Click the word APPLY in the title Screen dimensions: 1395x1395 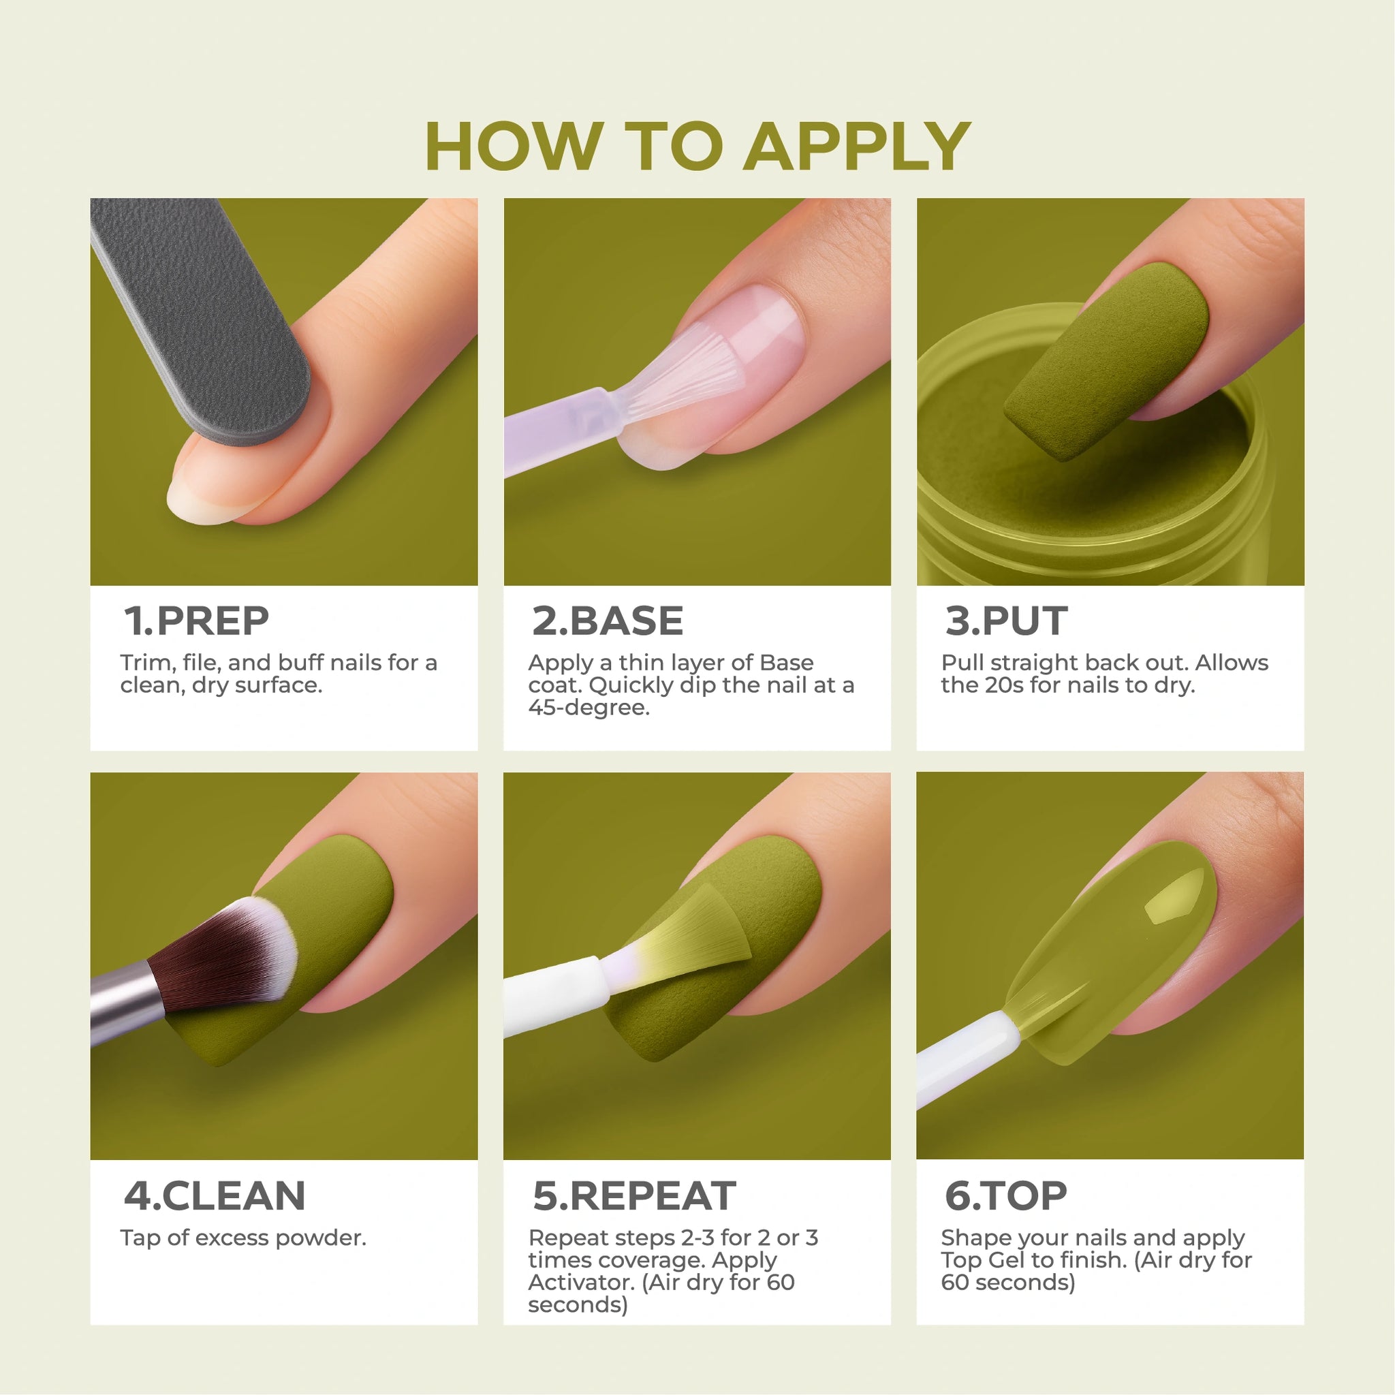(x=857, y=146)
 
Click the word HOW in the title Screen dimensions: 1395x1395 (x=514, y=146)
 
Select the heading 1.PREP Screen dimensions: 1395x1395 (x=195, y=621)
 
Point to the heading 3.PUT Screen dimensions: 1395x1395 (x=1006, y=621)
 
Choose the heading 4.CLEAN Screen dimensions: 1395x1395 (x=215, y=1195)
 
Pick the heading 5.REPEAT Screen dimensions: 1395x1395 (x=634, y=1195)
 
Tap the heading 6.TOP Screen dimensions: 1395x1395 (x=1006, y=1195)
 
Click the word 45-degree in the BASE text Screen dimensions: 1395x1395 (x=589, y=708)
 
